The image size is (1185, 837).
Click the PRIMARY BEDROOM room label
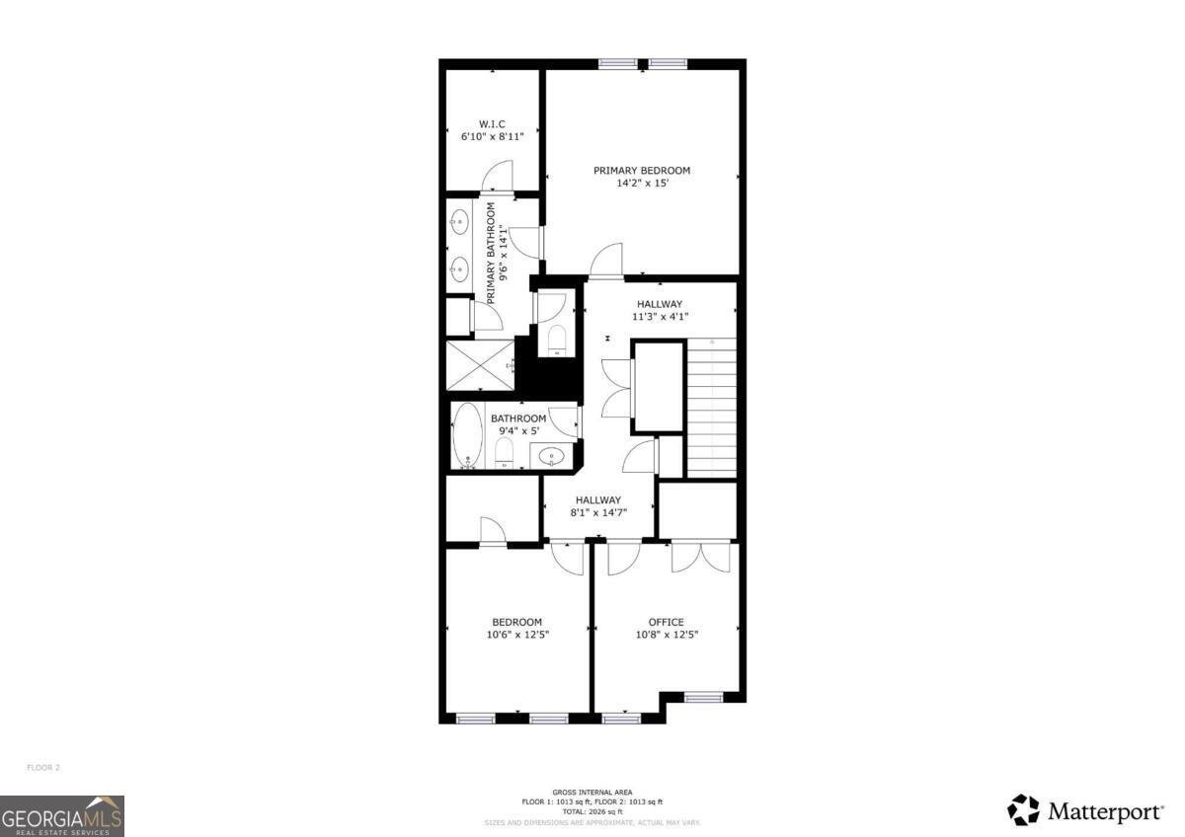click(x=642, y=171)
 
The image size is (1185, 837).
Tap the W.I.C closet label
click(x=492, y=123)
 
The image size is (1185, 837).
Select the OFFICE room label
click(x=666, y=622)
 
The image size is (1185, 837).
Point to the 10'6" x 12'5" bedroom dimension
click(x=517, y=635)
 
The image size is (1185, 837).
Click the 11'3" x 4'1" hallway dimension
click(x=660, y=317)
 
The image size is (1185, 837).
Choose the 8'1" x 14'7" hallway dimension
click(x=598, y=513)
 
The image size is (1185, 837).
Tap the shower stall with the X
click(x=480, y=365)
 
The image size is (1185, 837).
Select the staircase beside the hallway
click(x=711, y=407)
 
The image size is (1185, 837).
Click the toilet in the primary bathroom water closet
click(x=556, y=339)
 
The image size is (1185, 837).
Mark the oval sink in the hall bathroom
click(x=551, y=456)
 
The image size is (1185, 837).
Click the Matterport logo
click(x=1085, y=811)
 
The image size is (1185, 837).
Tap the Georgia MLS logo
click(x=62, y=815)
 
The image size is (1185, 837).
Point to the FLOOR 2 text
click(x=43, y=767)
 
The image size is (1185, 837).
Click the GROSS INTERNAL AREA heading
click(x=592, y=793)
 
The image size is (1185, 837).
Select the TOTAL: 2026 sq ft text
click(x=592, y=811)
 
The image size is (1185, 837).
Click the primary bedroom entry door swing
click(x=605, y=261)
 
